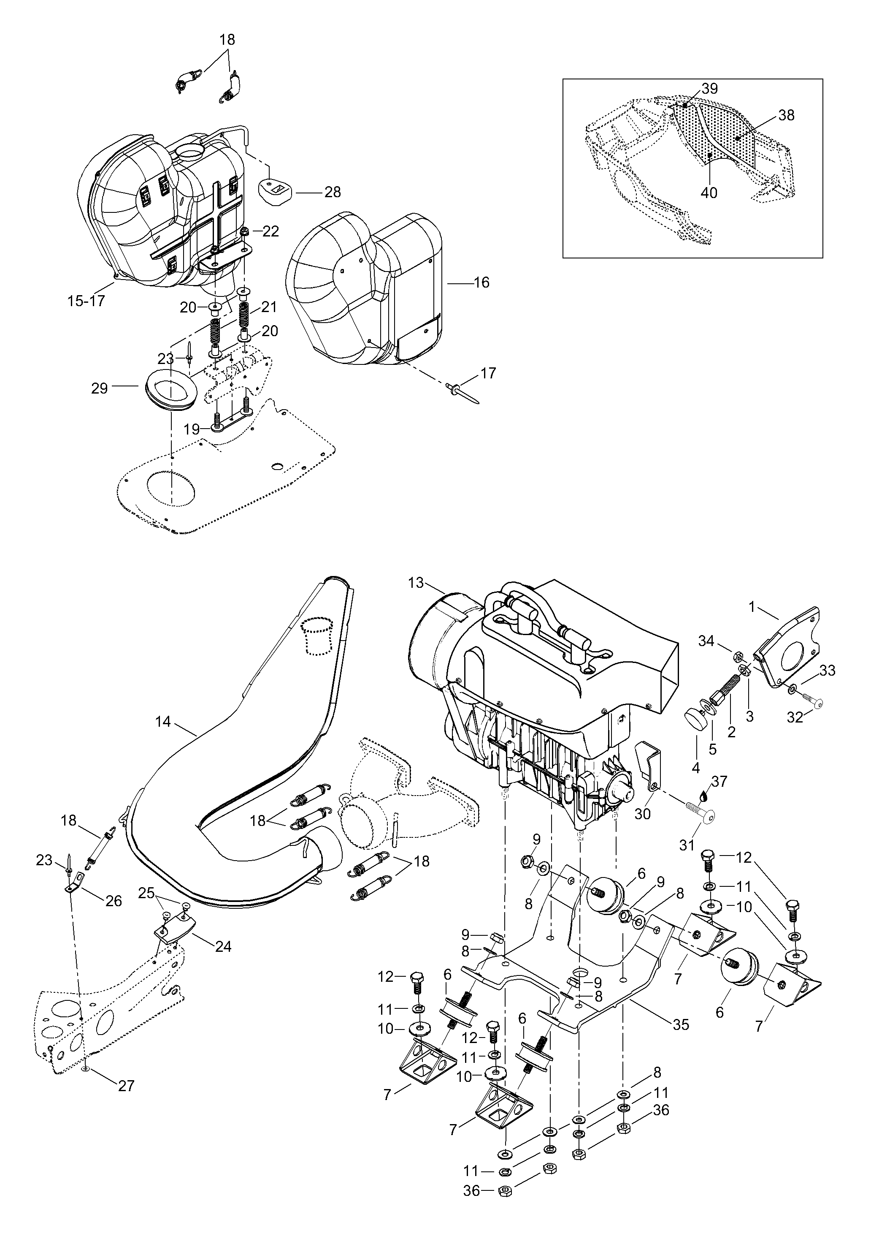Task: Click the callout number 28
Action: pyautogui.click(x=332, y=192)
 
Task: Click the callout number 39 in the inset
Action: pyautogui.click(x=710, y=89)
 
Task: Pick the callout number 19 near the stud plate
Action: pyautogui.click(x=192, y=429)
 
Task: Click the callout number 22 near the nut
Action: pyautogui.click(x=270, y=231)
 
